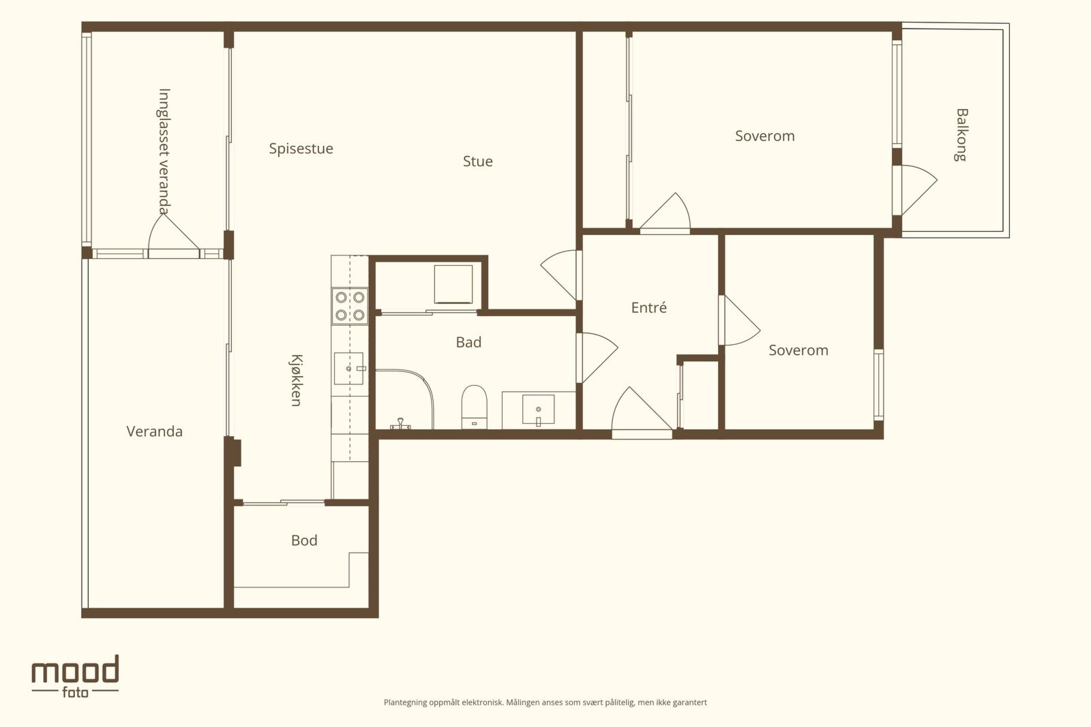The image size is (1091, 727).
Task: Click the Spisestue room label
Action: [x=301, y=149]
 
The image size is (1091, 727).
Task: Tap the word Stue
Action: [x=478, y=161]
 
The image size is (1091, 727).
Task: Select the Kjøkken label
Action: [x=297, y=380]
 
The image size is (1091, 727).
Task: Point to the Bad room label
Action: [x=468, y=343]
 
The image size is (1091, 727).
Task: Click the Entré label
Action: [x=648, y=307]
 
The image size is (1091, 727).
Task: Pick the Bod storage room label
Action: [x=304, y=540]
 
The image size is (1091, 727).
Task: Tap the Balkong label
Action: [x=961, y=135]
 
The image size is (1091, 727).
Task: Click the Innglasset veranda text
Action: [x=164, y=151]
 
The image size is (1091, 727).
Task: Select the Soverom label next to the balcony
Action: [x=764, y=136]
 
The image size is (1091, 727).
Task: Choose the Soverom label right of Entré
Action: [x=798, y=350]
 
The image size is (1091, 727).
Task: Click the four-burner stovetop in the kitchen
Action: [x=350, y=306]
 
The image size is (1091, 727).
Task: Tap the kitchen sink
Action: [x=348, y=369]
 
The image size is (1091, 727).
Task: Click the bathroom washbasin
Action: [x=538, y=409]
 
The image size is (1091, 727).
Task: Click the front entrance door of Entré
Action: [x=642, y=412]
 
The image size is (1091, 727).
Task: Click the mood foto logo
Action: [x=75, y=677]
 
